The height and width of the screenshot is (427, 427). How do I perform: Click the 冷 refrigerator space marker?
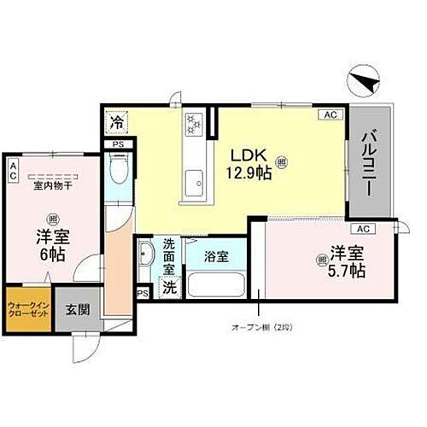(x=117, y=122)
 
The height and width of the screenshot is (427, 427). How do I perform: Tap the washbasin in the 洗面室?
(x=145, y=254)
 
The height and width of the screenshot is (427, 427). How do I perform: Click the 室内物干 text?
(x=52, y=184)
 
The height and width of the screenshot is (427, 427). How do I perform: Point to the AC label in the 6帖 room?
(x=13, y=169)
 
